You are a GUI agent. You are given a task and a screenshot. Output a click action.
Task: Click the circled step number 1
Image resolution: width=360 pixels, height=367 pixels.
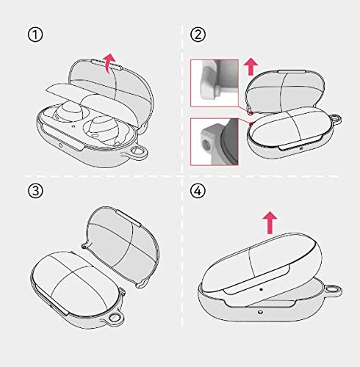[35, 34]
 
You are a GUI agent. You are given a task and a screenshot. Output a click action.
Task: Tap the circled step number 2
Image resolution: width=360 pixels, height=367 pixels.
[198, 34]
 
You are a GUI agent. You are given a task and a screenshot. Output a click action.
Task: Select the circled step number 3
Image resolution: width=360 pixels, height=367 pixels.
[35, 191]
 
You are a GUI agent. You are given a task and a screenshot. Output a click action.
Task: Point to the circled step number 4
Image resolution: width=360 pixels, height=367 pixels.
[198, 191]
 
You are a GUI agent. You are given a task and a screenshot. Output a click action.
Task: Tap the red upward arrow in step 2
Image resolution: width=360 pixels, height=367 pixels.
[251, 66]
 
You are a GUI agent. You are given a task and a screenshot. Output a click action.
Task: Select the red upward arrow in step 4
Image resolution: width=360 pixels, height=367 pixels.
[270, 222]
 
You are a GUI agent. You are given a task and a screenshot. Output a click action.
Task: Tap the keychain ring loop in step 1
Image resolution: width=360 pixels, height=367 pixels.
[137, 153]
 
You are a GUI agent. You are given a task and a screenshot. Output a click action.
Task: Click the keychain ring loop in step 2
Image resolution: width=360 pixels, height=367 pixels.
[336, 120]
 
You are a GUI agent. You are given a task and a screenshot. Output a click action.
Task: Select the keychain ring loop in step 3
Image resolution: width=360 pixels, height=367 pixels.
[115, 319]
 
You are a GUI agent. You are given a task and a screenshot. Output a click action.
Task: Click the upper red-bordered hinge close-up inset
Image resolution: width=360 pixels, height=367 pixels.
[215, 83]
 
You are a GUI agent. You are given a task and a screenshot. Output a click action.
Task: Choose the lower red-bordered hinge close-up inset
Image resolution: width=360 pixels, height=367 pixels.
[215, 142]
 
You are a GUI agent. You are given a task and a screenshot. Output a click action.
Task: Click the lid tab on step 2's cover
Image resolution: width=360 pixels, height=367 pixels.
[292, 71]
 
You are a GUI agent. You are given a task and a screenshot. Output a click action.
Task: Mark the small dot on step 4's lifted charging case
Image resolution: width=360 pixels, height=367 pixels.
[262, 289]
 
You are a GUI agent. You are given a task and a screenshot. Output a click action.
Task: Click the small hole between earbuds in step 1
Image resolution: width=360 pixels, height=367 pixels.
[74, 127]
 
